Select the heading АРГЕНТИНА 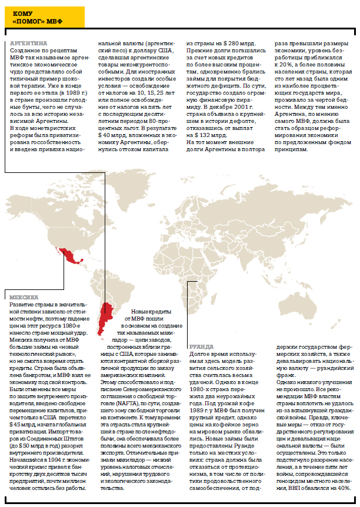29,43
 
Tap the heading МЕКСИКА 24,297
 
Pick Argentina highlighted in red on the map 105,318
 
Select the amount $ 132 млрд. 203,134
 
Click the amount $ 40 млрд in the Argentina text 111,134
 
